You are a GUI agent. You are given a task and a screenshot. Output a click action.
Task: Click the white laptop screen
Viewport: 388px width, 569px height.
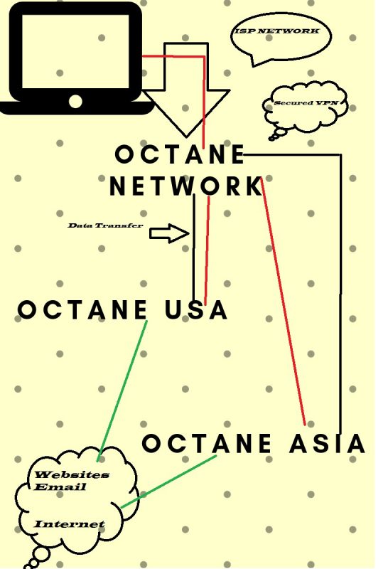click(75, 51)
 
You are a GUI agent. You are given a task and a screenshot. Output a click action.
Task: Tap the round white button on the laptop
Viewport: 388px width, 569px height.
click(75, 101)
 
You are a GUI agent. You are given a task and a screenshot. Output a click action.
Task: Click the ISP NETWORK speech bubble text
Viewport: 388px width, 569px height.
click(277, 31)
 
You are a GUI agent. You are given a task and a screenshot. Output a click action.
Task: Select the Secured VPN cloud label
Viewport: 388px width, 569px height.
click(306, 102)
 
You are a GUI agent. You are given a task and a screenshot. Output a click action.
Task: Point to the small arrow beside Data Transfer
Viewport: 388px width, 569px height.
click(169, 233)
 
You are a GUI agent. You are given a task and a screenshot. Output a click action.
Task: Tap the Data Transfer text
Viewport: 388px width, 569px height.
click(105, 225)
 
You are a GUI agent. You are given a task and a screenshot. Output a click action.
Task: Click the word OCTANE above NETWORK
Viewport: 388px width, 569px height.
click(180, 154)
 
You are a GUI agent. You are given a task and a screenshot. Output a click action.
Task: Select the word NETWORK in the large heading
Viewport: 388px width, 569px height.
click(186, 186)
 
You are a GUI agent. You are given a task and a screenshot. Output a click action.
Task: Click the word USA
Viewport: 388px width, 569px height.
click(196, 310)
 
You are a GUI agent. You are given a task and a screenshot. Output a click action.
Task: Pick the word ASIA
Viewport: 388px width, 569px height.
click(327, 443)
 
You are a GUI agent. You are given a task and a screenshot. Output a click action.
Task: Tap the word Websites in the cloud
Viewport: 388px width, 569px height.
click(72, 474)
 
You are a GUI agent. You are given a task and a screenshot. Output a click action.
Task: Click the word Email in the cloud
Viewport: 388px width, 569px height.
click(60, 486)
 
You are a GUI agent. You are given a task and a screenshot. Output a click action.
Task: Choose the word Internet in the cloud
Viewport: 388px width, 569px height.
click(69, 524)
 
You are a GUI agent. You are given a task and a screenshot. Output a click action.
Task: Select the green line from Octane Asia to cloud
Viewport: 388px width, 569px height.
click(168, 482)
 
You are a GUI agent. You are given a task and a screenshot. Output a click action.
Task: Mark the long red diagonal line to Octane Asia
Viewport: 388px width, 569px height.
click(283, 301)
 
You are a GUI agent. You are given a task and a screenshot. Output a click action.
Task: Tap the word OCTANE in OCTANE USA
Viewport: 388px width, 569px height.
click(82, 310)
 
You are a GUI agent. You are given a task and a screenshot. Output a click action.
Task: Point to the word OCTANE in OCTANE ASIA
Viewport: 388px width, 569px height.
click(207, 443)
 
